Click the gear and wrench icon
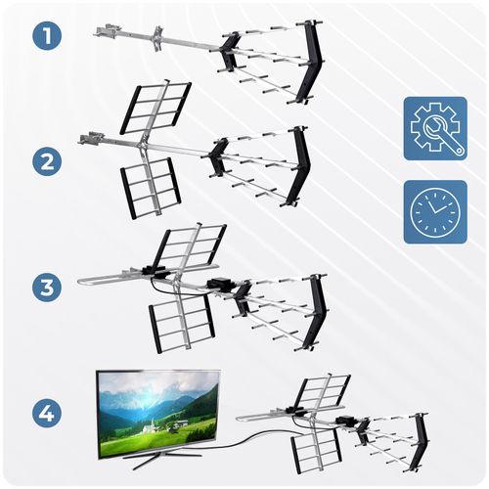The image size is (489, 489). coord(435,129)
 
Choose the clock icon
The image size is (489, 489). coord(435,211)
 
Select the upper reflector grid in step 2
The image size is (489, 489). coord(156,107)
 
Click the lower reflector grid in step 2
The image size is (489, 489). coord(150,187)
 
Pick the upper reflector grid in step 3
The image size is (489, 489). coord(190,244)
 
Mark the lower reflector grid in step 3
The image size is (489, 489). coord(182,323)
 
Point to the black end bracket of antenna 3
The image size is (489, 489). coord(313,311)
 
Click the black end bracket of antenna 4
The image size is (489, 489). coord(422,440)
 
